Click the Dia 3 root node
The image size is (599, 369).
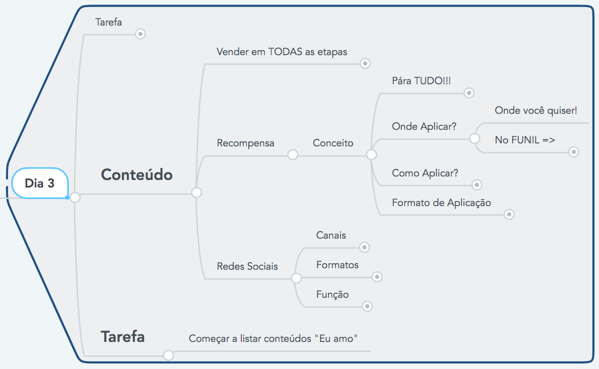tap(40, 183)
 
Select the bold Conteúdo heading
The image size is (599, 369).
tap(136, 174)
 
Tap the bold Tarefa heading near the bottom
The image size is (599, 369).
tap(122, 336)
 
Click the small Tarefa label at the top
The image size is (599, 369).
tap(108, 22)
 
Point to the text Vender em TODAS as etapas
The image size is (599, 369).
tap(281, 52)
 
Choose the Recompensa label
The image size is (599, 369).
tap(245, 143)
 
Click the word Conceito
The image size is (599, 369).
tap(333, 143)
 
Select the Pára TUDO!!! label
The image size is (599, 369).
tap(421, 81)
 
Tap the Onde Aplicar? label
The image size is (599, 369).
tap(424, 126)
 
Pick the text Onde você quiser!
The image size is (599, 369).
tap(536, 110)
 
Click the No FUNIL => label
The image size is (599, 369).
tap(525, 140)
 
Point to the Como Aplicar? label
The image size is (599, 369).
tap(425, 173)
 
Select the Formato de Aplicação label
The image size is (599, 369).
tap(441, 203)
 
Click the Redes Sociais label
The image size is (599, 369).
tap(247, 266)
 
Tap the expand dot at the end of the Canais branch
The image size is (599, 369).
tap(365, 247)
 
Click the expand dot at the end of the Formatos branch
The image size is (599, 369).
tap(377, 277)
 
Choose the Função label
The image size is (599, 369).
tap(332, 294)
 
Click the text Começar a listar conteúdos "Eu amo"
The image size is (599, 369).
tap(273, 338)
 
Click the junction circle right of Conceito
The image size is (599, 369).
tap(371, 155)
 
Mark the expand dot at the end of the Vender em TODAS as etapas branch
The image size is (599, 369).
tap(365, 64)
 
